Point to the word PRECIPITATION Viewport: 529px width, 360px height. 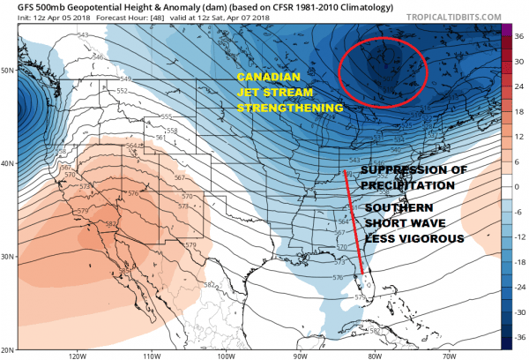pos(399,186)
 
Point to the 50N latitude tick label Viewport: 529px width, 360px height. pos(10,70)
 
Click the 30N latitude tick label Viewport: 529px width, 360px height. pos(10,256)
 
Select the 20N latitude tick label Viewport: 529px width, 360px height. pos(10,347)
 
